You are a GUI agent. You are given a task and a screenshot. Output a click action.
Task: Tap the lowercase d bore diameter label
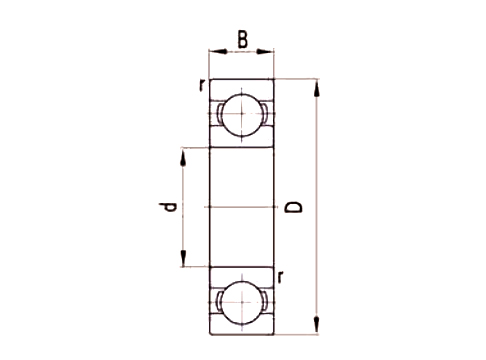[x=170, y=208]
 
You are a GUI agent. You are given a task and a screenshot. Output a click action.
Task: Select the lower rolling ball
[x=241, y=302]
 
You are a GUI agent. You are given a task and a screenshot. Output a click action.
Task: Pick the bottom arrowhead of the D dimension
[x=318, y=326]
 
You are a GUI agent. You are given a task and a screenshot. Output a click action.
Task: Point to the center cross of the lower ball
[x=241, y=302]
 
